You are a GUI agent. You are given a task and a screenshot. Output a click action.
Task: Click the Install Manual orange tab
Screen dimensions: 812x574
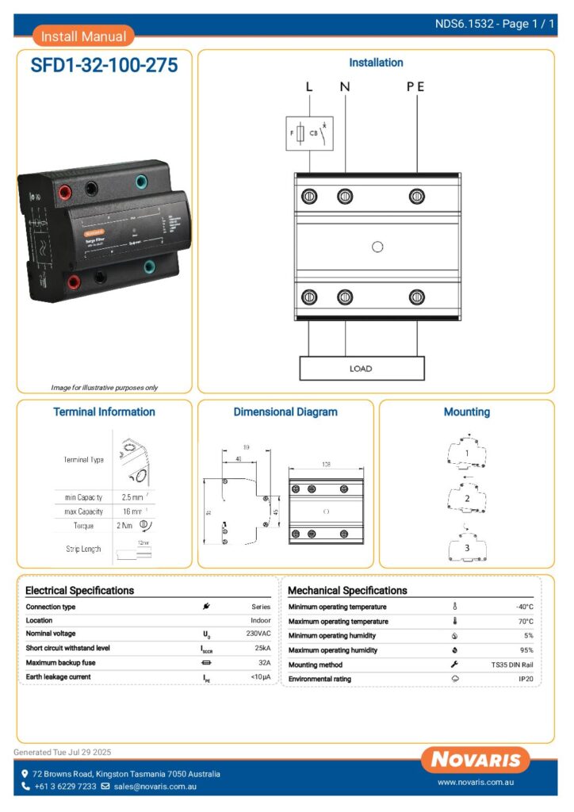click(x=83, y=36)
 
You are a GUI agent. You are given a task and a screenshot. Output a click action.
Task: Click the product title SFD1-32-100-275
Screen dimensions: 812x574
click(x=104, y=66)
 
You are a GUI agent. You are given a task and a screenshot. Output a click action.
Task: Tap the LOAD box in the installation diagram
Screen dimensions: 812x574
click(x=361, y=369)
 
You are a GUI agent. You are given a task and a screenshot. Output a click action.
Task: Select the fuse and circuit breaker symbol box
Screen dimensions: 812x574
click(x=309, y=135)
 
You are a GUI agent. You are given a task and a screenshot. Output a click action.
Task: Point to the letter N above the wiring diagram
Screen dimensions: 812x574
click(x=345, y=87)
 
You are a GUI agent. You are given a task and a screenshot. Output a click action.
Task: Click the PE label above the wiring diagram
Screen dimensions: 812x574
click(x=415, y=87)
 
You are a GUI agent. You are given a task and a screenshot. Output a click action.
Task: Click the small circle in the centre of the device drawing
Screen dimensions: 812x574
click(x=377, y=247)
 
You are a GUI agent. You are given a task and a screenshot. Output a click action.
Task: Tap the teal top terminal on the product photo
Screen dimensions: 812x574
click(x=140, y=182)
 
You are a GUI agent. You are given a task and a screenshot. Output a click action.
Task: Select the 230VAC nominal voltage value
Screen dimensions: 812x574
click(x=258, y=634)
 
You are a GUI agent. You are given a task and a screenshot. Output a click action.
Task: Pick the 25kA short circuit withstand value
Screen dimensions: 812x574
click(x=262, y=648)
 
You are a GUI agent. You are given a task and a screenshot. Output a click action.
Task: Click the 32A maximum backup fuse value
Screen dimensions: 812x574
click(x=263, y=662)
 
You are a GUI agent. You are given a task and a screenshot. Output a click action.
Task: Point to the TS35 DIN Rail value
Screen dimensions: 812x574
click(x=511, y=665)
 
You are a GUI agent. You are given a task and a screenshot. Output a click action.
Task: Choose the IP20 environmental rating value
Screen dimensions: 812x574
click(x=526, y=679)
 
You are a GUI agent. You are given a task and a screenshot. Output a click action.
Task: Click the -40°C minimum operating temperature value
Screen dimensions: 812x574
click(x=524, y=607)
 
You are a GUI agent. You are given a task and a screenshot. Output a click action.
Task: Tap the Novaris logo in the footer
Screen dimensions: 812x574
click(x=476, y=760)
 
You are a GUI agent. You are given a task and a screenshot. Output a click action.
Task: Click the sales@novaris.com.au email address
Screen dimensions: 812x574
click(x=155, y=787)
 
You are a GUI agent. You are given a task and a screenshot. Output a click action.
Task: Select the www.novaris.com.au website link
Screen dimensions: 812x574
click(x=477, y=783)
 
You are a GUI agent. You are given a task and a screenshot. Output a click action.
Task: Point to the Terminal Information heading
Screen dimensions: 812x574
click(x=104, y=412)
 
